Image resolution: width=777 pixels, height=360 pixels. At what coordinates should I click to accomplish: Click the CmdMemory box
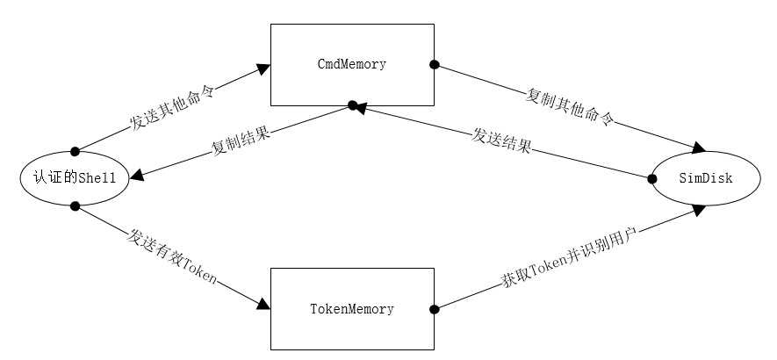coord(351,64)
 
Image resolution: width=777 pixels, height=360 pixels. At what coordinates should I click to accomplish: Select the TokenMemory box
coord(351,309)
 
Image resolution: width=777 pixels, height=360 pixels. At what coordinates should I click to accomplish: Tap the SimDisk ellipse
coord(705,179)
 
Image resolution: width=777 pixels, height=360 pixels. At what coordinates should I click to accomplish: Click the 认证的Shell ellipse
coord(74,178)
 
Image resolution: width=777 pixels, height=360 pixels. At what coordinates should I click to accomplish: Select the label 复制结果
coord(241,141)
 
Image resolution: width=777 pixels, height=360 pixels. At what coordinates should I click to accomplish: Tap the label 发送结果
coord(501,140)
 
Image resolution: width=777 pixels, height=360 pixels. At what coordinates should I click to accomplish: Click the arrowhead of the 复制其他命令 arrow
coord(700,148)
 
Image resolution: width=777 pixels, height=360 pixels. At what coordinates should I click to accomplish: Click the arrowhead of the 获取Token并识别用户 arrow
coord(699,209)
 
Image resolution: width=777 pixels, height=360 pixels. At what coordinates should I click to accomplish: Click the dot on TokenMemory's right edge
coord(434,308)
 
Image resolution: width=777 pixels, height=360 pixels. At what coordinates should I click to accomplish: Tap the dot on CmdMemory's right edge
coord(434,64)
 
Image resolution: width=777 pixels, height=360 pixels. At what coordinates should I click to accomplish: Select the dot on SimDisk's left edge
coord(652,178)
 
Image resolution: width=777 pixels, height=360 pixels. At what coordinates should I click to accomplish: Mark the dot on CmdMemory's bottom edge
coord(352,105)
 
